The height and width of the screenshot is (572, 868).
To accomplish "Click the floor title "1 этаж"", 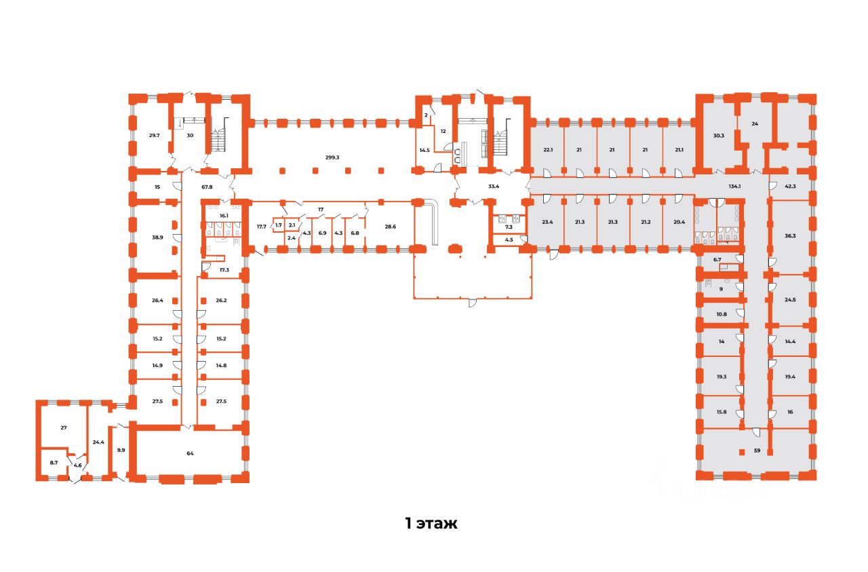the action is pyautogui.click(x=431, y=524).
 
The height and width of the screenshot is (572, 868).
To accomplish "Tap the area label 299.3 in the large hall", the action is pyautogui.click(x=332, y=157).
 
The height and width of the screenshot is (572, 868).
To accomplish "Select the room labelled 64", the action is pyautogui.click(x=191, y=453).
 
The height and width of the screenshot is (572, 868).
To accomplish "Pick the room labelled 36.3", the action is pyautogui.click(x=790, y=236).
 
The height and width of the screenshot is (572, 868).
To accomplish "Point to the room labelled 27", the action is pyautogui.click(x=64, y=428).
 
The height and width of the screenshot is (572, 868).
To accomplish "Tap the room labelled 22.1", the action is pyautogui.click(x=548, y=150).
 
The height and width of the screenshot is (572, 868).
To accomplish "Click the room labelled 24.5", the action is pyautogui.click(x=790, y=299).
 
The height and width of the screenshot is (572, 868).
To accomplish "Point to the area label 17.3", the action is pyautogui.click(x=224, y=270).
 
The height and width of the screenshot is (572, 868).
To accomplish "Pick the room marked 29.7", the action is pyautogui.click(x=154, y=136).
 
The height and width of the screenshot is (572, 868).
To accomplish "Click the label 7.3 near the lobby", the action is pyautogui.click(x=508, y=227).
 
